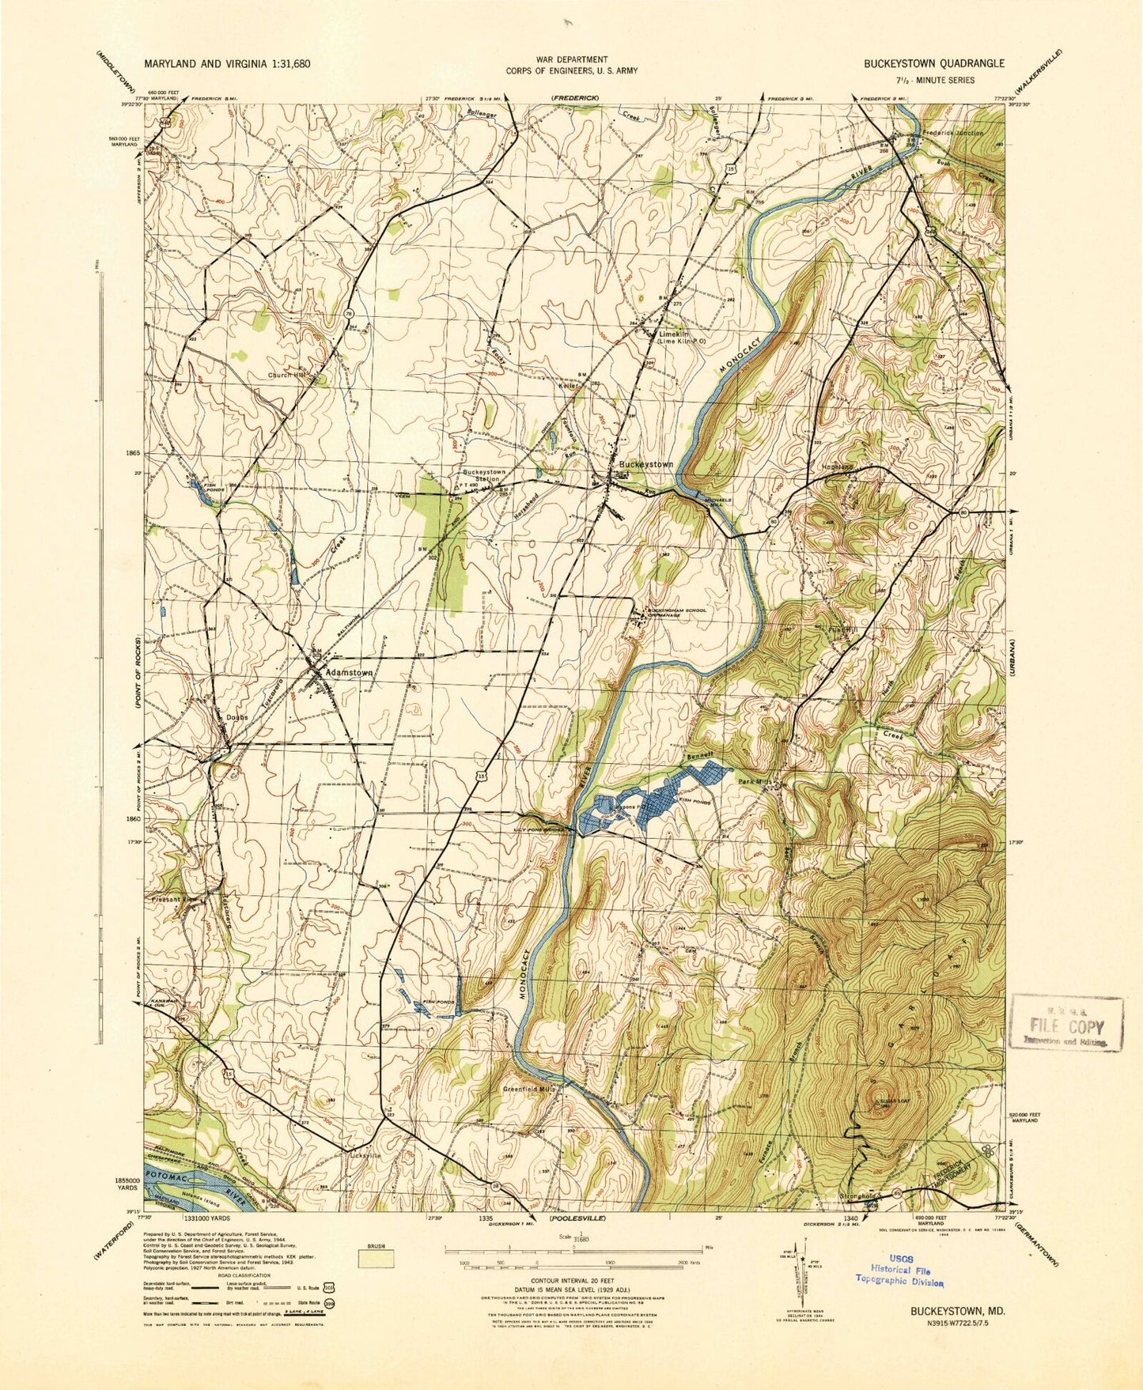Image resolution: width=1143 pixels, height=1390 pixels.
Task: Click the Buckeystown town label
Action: pyautogui.click(x=645, y=464)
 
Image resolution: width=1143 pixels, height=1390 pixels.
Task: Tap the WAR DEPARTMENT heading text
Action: pyautogui.click(x=572, y=59)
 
